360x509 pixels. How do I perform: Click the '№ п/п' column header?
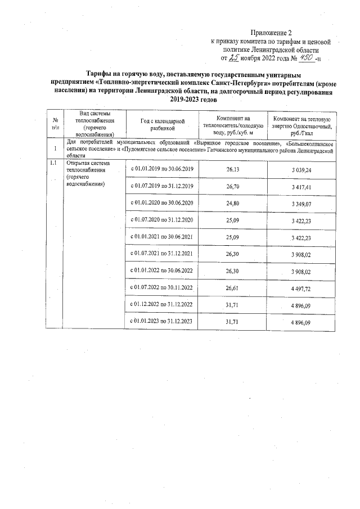[56, 125]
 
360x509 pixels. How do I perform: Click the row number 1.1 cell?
[54, 163]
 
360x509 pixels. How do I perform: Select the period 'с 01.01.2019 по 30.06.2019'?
[162, 169]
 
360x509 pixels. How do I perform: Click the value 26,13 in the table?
[232, 169]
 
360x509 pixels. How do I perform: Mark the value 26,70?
[232, 186]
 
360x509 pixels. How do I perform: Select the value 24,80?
[232, 202]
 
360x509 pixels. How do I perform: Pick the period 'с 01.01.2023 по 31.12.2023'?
[162, 321]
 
